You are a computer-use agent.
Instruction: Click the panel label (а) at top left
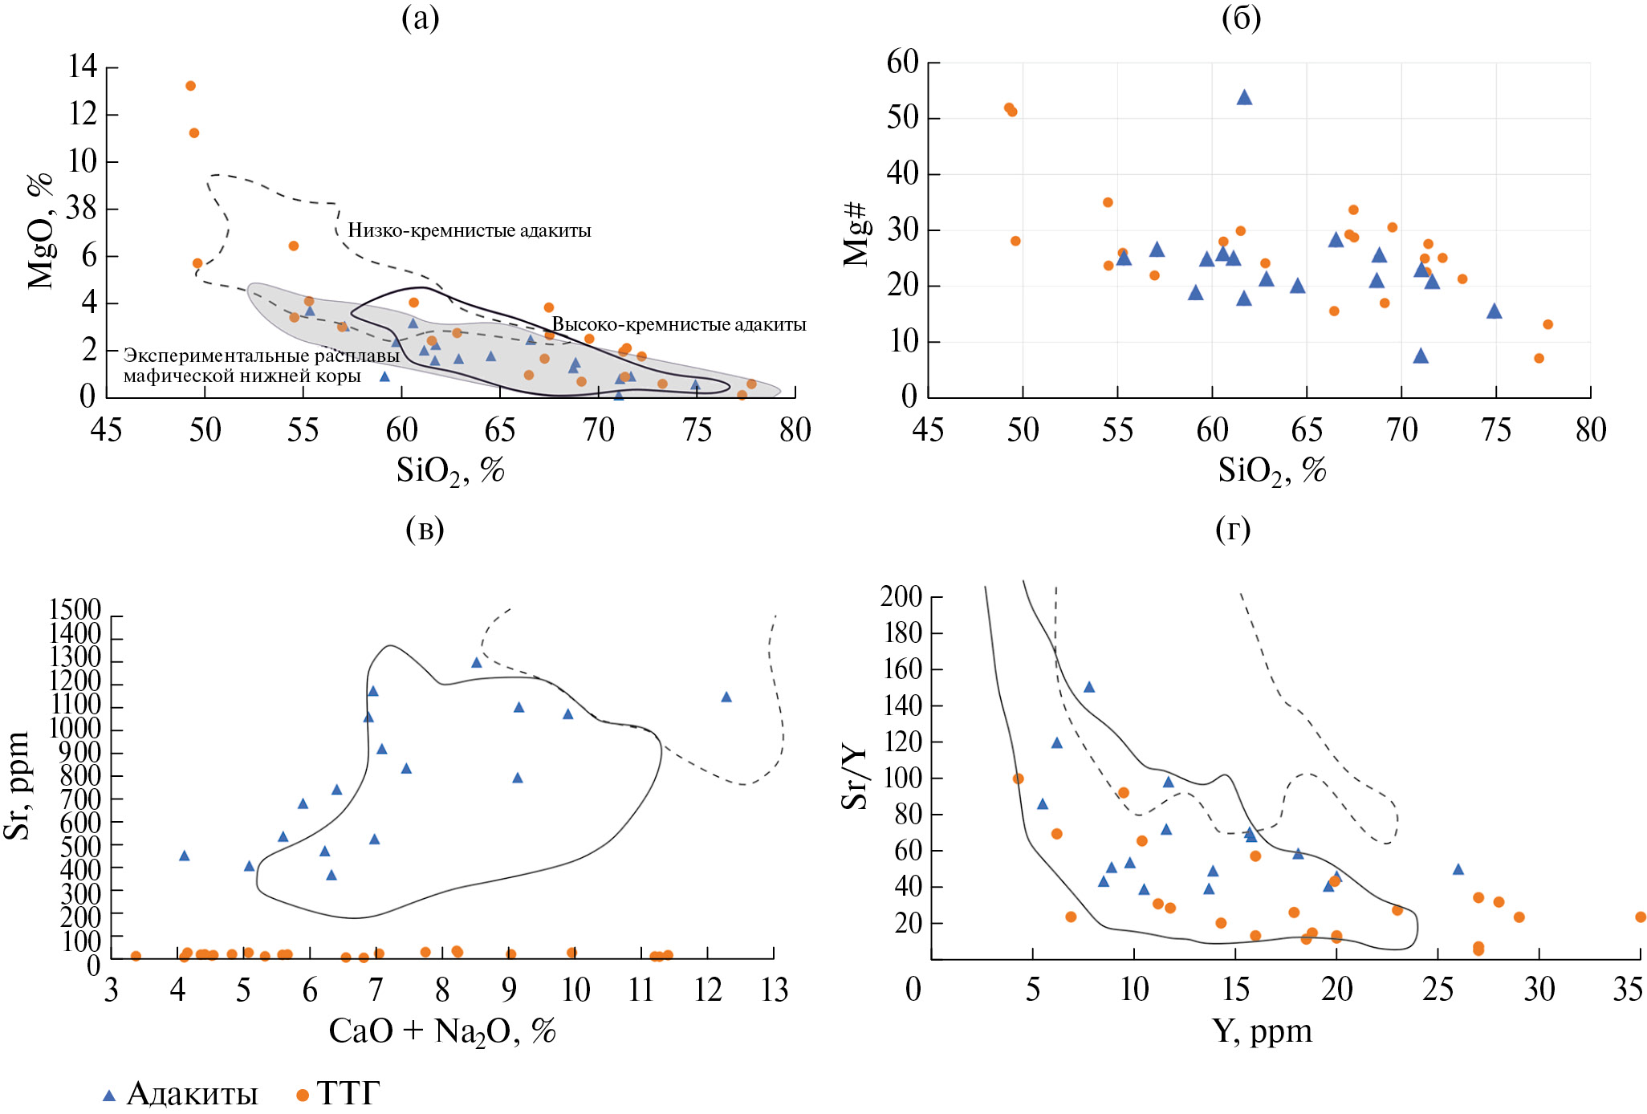(420, 18)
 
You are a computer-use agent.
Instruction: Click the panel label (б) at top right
(1241, 18)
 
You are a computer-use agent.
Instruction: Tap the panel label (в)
(425, 529)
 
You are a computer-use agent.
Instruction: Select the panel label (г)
(1233, 529)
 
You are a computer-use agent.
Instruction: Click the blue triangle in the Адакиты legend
(109, 1096)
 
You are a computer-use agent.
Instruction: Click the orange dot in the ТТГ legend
(303, 1096)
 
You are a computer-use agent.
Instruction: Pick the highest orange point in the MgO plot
(190, 86)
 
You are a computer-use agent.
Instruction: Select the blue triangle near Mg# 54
(1244, 98)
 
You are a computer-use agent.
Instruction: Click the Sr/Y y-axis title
(855, 777)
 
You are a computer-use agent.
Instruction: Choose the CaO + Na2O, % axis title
(442, 1031)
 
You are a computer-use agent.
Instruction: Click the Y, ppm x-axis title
(1262, 1031)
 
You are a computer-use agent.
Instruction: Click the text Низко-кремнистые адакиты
(470, 231)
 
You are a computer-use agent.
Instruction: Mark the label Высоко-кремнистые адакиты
(679, 325)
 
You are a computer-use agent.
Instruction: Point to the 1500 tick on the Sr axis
(75, 610)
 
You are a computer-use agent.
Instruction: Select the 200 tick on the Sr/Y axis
(901, 596)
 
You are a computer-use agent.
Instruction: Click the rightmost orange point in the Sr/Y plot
(1641, 917)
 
